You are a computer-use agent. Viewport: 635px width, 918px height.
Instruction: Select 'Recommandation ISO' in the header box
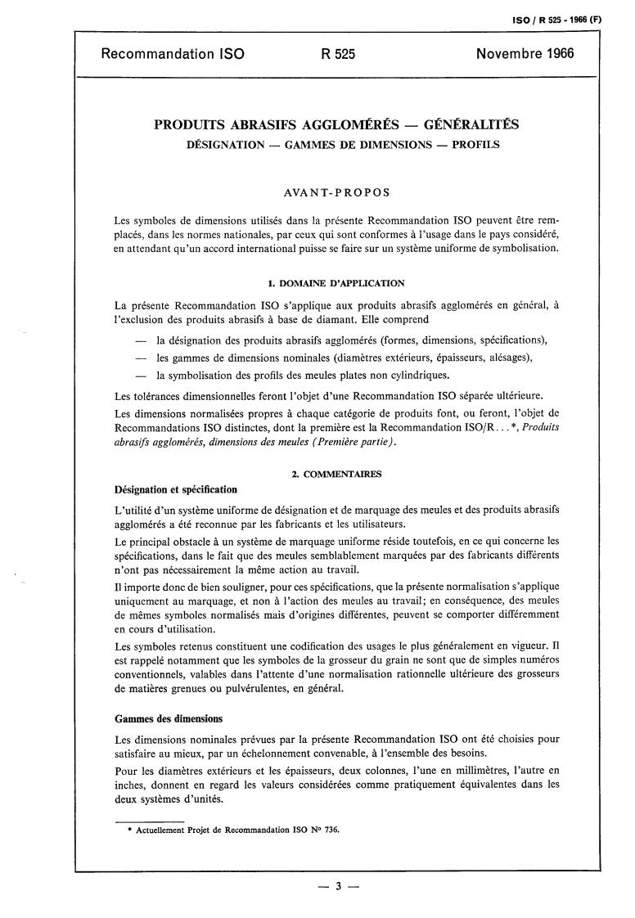(x=172, y=55)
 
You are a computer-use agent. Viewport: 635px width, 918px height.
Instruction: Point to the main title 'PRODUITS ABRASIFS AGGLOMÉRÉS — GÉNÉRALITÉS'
(x=336, y=125)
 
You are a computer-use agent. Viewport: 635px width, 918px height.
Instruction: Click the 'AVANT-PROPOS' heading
(x=336, y=193)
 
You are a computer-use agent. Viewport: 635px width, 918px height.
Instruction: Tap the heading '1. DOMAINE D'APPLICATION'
(x=336, y=283)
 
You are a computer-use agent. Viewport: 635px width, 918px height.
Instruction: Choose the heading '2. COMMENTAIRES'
(x=336, y=474)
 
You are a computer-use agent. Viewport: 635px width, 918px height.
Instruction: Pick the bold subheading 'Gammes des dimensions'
(x=168, y=719)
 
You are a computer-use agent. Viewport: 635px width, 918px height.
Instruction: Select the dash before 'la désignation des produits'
(x=141, y=340)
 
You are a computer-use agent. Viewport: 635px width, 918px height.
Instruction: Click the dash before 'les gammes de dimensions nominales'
(x=141, y=358)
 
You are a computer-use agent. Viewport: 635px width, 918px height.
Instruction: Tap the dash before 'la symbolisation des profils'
(x=141, y=376)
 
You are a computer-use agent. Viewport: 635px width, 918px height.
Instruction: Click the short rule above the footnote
(x=149, y=818)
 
